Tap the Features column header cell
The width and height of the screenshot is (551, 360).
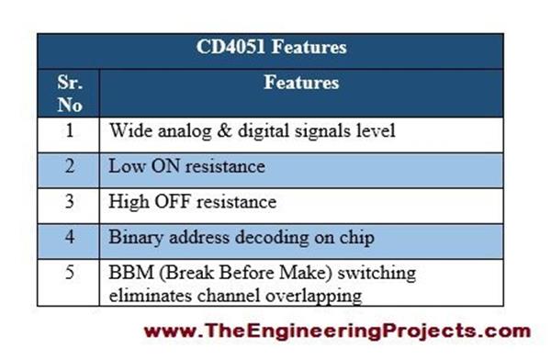click(301, 83)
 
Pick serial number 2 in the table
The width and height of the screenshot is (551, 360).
click(69, 166)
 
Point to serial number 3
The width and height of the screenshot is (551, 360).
click(69, 200)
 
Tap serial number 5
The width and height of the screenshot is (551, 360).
click(69, 273)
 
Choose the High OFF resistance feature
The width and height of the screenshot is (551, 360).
click(192, 200)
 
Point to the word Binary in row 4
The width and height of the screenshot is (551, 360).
click(135, 236)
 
